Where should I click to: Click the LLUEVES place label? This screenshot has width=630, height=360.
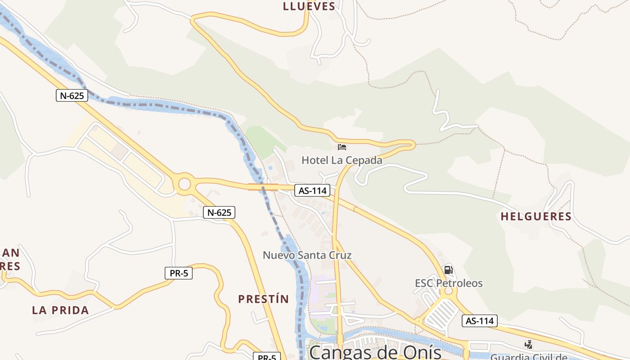pos(309,6)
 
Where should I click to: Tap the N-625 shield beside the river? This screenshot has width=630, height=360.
pos(72,95)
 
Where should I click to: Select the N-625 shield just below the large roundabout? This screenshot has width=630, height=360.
pos(219,212)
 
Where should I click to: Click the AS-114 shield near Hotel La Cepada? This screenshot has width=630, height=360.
pos(313,190)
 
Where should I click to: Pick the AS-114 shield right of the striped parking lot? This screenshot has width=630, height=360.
pos(479,321)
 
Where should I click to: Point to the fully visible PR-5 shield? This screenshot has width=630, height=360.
pos(179,273)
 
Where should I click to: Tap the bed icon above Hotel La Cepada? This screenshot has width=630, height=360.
pos(342,147)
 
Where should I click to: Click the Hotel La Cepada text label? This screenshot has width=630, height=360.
pos(342,160)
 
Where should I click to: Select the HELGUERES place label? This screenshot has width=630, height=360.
pos(536,216)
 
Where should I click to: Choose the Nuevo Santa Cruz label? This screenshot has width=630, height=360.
pos(307,255)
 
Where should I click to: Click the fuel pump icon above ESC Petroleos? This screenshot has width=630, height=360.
pos(448,270)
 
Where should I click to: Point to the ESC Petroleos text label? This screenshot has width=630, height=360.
pos(449,283)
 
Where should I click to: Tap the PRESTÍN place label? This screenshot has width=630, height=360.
pos(263,299)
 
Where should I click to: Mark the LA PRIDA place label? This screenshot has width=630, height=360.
pos(60,310)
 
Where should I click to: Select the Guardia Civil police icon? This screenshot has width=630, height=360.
pos(528,345)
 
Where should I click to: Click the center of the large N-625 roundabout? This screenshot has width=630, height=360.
pos(184,184)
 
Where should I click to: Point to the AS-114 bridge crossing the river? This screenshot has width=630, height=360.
pos(263,186)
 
